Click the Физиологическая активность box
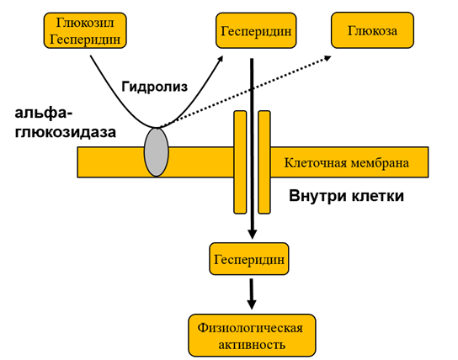251,336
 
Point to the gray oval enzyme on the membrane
156,152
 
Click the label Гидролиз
152,86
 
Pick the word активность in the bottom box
251,344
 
